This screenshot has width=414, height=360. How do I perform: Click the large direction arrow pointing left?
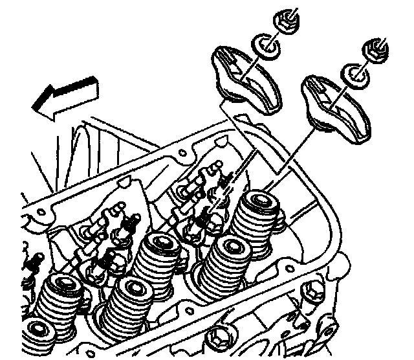tap(65, 96)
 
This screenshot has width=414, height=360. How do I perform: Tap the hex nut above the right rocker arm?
tap(375, 50)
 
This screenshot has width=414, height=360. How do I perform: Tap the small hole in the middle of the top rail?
tap(182, 154)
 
